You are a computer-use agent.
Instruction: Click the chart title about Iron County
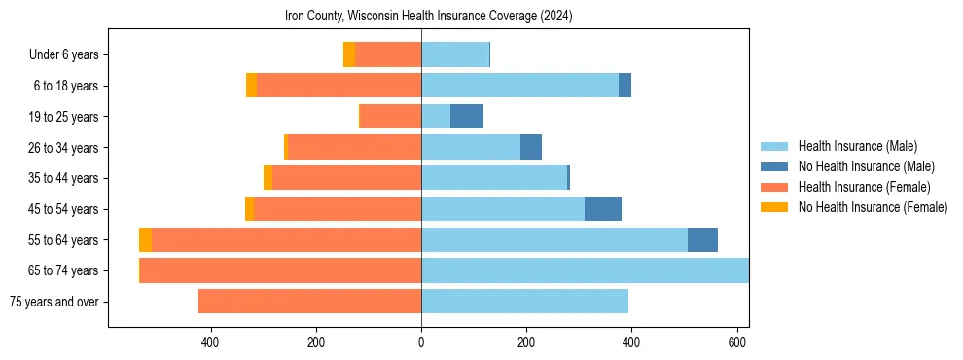pos(428,17)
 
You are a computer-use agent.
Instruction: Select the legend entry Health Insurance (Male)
pos(857,146)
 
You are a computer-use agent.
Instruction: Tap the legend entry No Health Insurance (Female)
pos(872,207)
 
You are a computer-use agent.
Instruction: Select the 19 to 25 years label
pos(64,117)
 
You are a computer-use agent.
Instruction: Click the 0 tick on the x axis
pos(421,342)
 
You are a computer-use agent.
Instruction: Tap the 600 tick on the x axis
pos(736,342)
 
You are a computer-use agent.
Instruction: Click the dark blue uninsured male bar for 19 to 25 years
pos(467,117)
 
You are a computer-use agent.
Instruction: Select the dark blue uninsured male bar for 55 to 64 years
pos(702,240)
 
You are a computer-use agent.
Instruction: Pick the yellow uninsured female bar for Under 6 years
pos(349,55)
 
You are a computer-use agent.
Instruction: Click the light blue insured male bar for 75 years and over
pos(524,302)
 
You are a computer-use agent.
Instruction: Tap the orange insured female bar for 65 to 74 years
pos(281,270)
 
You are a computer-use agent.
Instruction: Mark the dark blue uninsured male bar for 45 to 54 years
pos(603,209)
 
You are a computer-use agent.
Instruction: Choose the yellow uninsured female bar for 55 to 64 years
pos(145,240)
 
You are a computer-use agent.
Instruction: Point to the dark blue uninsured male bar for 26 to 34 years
pos(531,148)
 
